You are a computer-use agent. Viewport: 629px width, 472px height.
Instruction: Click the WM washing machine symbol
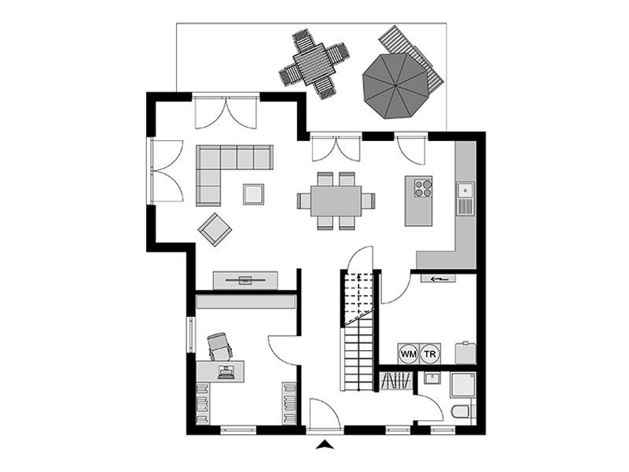coord(408,354)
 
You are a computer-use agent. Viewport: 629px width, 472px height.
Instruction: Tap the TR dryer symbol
coord(429,354)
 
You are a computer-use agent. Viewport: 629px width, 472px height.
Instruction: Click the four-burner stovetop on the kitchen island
coord(423,188)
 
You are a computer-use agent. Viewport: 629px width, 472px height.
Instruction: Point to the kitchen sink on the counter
coord(465,190)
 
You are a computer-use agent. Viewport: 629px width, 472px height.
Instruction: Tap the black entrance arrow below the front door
coord(323,445)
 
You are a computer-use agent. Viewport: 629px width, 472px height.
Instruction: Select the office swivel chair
coord(221,345)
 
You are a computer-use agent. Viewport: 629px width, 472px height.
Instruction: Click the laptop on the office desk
coord(226,371)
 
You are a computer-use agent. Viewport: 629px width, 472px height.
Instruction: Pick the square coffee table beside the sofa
coord(253,194)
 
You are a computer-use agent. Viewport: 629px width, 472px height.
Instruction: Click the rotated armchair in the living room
coord(215,229)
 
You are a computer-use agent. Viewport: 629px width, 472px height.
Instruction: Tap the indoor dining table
coord(336,201)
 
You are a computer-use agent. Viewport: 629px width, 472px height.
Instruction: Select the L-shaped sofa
coord(224,169)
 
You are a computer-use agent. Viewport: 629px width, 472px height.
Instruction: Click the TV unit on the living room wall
coord(245,279)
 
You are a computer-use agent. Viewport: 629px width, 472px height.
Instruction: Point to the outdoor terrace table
coord(314,62)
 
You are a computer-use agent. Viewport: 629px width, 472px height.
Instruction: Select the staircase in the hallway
coord(359,330)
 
